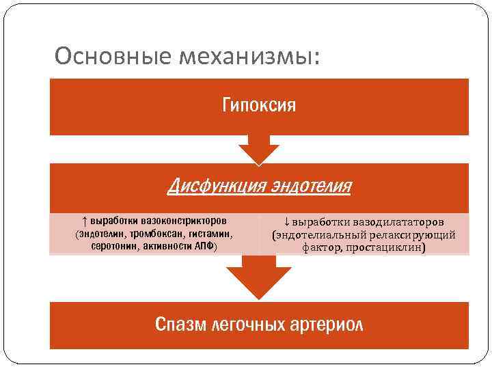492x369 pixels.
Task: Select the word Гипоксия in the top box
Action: (259, 106)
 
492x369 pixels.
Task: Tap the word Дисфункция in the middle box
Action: (215, 184)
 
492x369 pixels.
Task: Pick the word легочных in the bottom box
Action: (249, 324)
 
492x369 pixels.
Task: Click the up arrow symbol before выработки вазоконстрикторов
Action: (84, 221)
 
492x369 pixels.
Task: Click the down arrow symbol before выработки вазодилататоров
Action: (286, 223)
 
